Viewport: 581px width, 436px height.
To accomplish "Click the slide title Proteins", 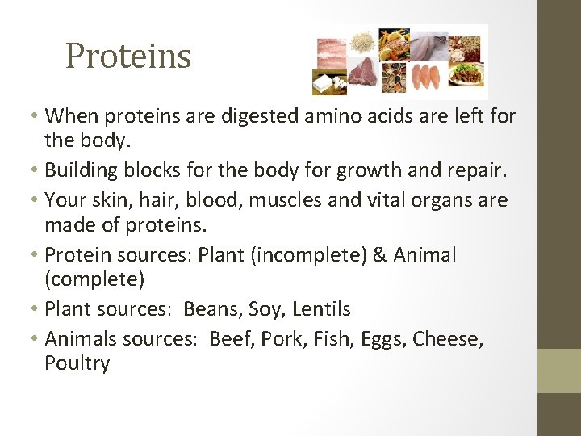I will (x=128, y=56).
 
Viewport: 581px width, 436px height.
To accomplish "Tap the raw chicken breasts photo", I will (x=427, y=78).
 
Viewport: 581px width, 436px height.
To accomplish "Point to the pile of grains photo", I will (x=361, y=40).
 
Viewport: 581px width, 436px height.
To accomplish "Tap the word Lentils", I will (x=321, y=309).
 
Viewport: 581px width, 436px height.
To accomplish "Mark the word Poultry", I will (x=77, y=364).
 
